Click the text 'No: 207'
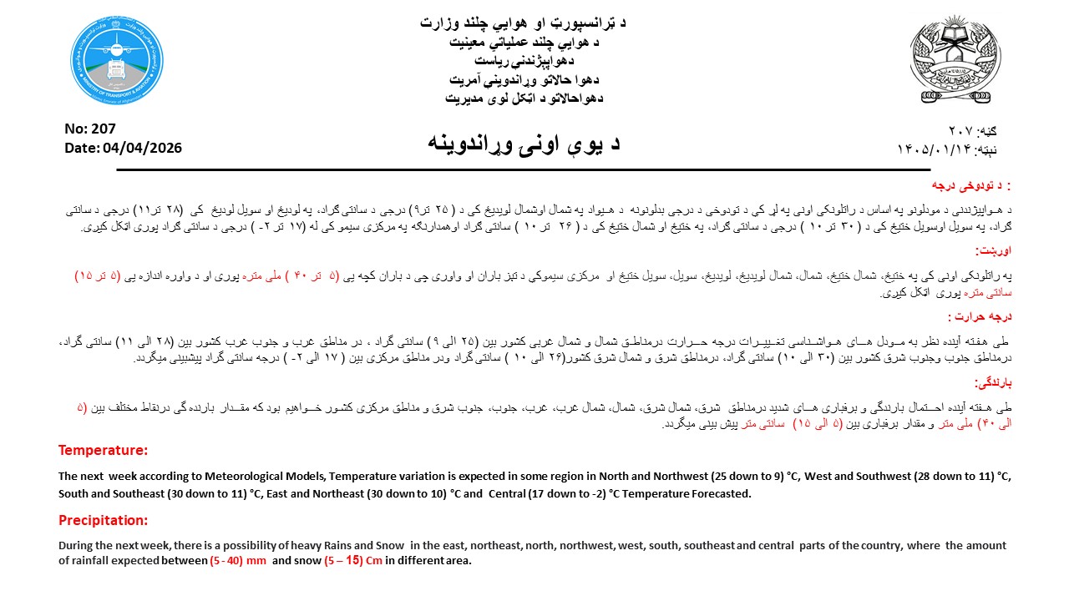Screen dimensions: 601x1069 (x=90, y=129)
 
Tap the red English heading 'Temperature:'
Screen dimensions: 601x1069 (x=103, y=451)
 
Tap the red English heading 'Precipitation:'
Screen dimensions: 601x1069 (x=103, y=520)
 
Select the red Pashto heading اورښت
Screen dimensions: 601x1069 (x=994, y=250)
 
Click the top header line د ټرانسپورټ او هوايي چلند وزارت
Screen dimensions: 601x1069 (x=524, y=23)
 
